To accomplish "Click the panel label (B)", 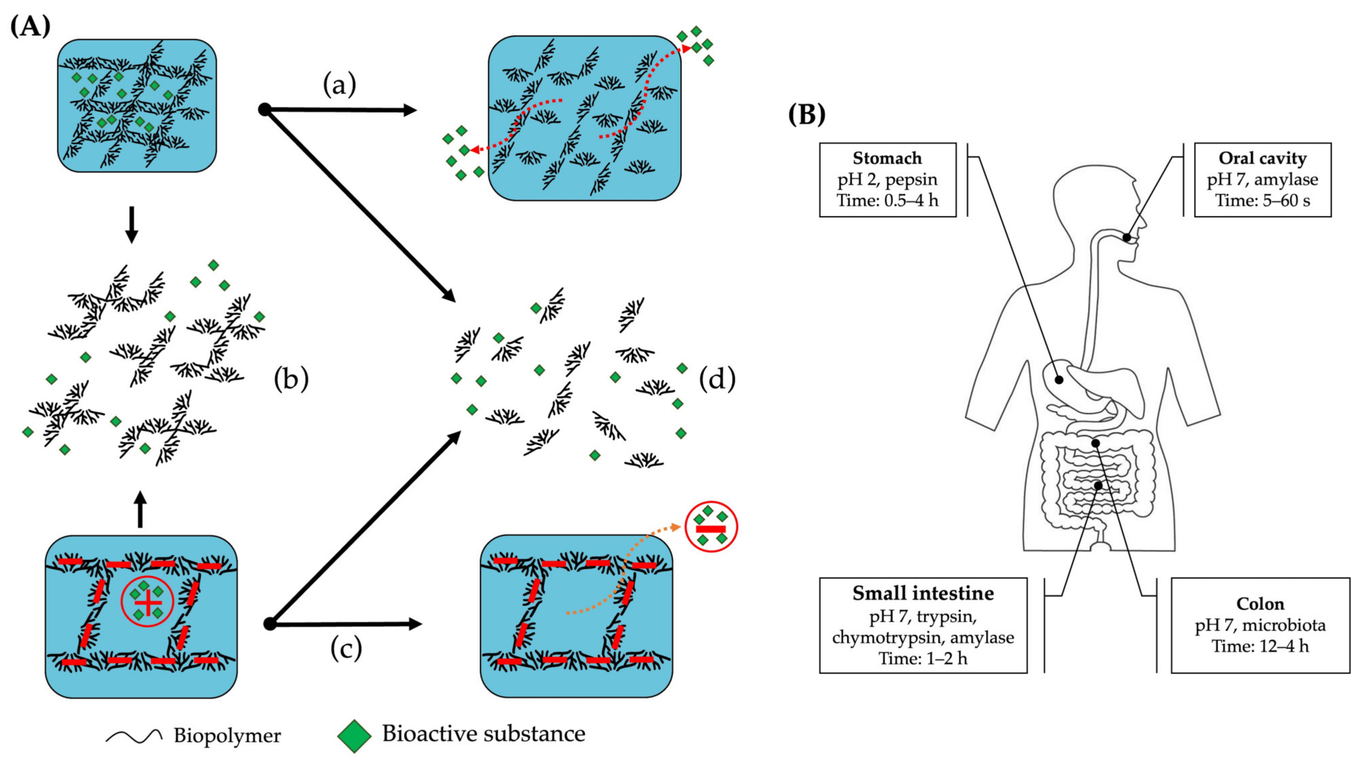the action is [x=806, y=114].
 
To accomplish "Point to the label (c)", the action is [x=346, y=648].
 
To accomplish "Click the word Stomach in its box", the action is [x=887, y=158].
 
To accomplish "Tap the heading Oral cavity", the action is [x=1262, y=158].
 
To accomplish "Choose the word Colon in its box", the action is [x=1260, y=604].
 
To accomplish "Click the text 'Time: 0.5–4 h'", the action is [x=887, y=201].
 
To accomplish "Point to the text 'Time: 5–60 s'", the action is [x=1262, y=201].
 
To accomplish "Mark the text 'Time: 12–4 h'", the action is [x=1260, y=646].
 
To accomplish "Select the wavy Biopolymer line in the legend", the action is [x=134, y=736].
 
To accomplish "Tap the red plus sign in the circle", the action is [x=148, y=602].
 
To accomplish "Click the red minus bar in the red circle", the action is [x=711, y=529].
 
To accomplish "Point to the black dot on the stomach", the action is [x=1059, y=379].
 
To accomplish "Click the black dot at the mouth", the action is [x=1127, y=238].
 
